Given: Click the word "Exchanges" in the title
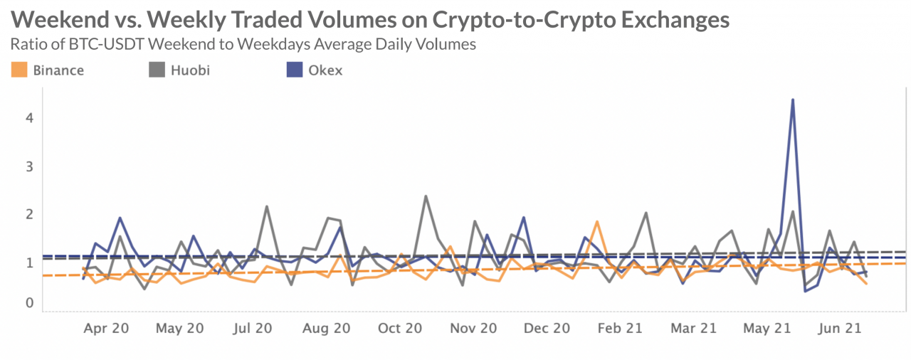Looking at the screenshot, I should (663, 18).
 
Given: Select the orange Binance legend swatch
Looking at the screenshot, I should (20, 70).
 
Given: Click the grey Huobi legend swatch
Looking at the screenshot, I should (157, 70).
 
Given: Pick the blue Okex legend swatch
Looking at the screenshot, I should (293, 70).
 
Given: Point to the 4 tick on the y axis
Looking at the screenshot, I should (29, 118).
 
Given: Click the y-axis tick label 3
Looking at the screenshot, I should (29, 166).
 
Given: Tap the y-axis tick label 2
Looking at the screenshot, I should (29, 214).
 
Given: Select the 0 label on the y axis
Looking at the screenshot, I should (29, 303).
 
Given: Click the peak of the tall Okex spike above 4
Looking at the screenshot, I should (792, 100).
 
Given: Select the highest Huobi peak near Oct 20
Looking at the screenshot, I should (426, 196).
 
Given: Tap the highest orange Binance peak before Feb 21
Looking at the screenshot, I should (597, 221).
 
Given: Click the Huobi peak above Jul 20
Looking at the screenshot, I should (266, 206).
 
